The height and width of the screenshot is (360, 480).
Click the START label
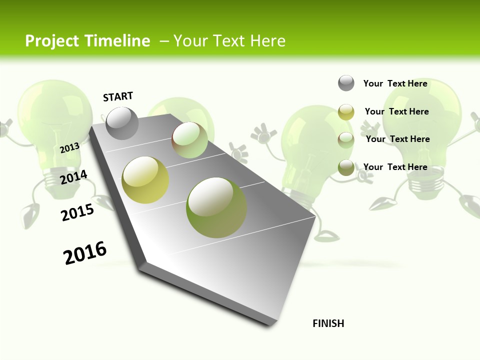click(x=118, y=96)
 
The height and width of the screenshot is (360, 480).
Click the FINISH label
click(x=328, y=323)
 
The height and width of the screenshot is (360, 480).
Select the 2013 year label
click(x=70, y=147)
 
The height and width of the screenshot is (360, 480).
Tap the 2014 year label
click(x=74, y=177)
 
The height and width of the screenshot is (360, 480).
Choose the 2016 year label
click(x=85, y=252)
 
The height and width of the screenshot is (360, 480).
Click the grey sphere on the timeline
click(x=122, y=123)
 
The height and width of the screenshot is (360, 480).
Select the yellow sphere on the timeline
click(x=145, y=180)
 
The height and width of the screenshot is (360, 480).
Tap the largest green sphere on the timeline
click(x=216, y=207)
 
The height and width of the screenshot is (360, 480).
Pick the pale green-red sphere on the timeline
click(x=189, y=140)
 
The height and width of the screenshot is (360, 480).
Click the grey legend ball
click(x=346, y=83)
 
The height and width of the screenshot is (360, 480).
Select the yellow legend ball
click(x=346, y=112)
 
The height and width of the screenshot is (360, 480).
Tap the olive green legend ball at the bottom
click(x=346, y=167)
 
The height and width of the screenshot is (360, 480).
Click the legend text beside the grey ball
click(x=395, y=83)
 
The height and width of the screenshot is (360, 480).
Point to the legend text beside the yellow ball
click(x=396, y=111)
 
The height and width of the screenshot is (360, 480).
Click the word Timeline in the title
click(x=116, y=41)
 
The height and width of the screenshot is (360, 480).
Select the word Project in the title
click(x=52, y=41)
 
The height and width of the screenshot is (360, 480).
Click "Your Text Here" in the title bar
click(x=229, y=41)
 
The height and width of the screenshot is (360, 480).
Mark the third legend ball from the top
click(x=346, y=139)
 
